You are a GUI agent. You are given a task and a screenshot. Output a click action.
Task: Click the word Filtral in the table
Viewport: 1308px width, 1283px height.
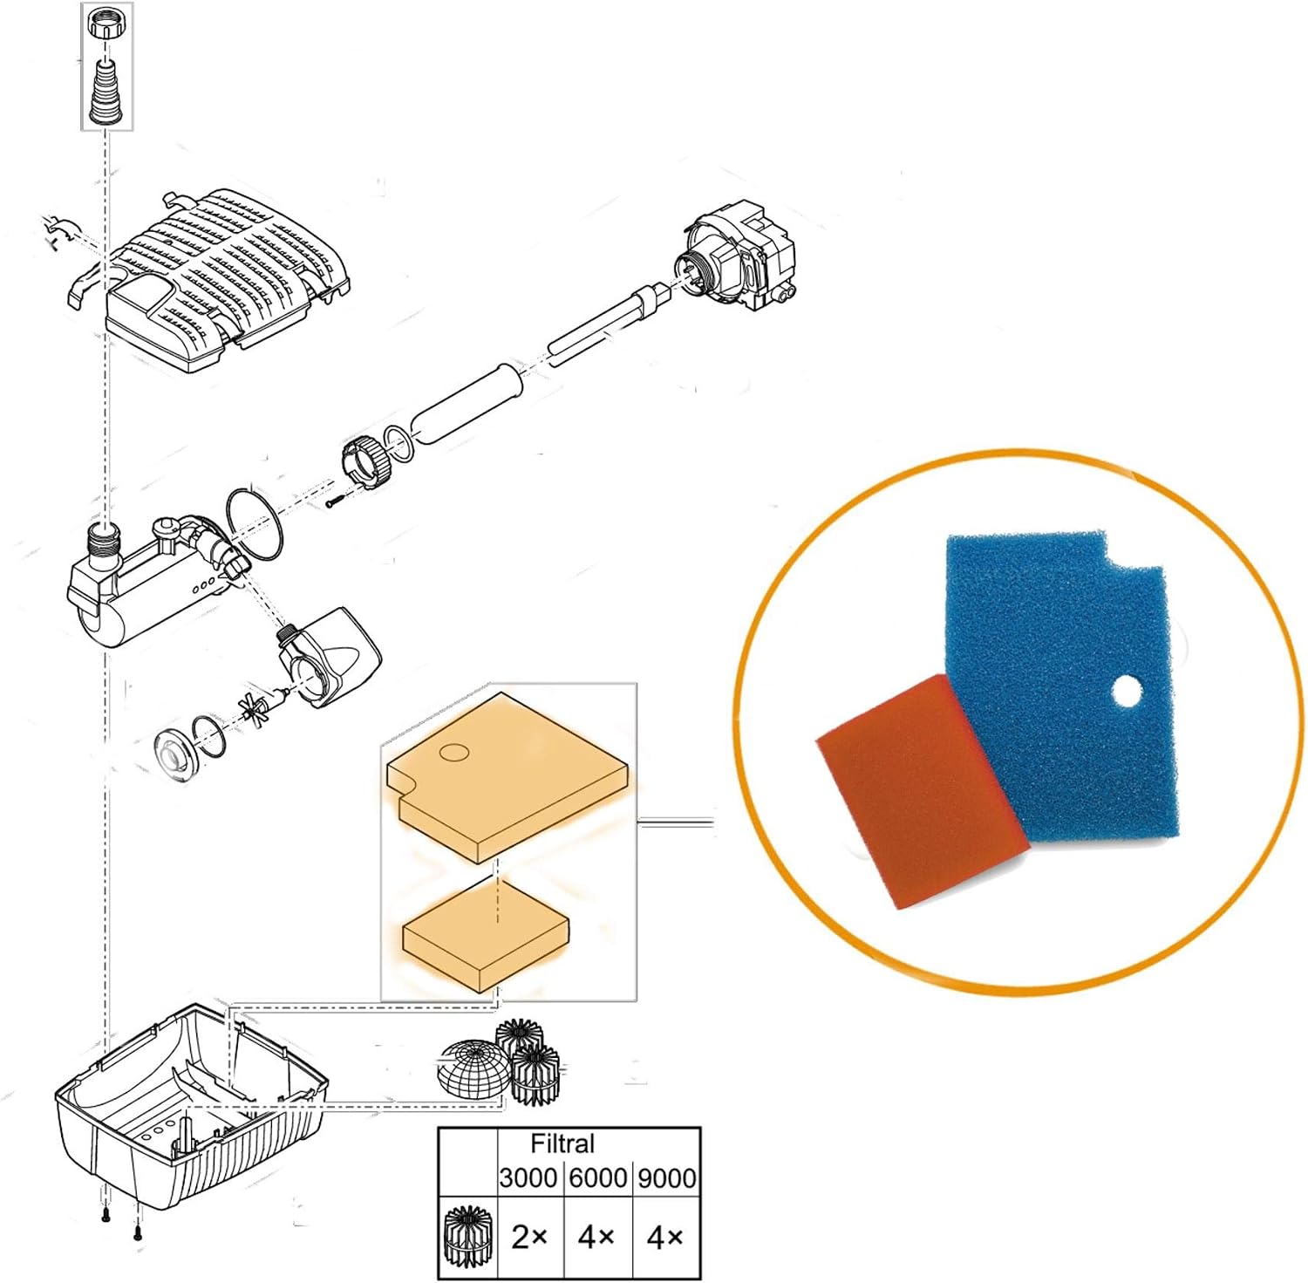click(x=562, y=1143)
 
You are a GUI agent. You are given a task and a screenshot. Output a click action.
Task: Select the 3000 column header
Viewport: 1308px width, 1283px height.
click(x=528, y=1178)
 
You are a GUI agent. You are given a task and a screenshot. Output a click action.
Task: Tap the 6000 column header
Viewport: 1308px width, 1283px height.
click(x=598, y=1178)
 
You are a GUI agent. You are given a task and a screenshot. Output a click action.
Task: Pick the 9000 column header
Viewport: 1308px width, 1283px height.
click(x=667, y=1178)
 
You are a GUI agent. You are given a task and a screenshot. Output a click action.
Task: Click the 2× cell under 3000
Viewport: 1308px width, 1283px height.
click(x=529, y=1237)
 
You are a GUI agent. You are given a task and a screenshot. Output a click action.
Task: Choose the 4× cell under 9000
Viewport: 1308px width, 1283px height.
click(x=665, y=1237)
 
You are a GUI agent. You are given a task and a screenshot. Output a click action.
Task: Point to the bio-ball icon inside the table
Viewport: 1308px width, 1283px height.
click(x=467, y=1236)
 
